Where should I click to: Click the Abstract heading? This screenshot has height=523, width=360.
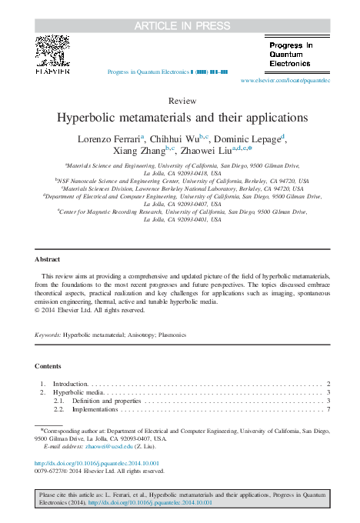pyautogui.click(x=48, y=259)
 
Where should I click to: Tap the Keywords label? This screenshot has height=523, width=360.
pyautogui.click(x=48, y=335)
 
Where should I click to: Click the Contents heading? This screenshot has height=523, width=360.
pyautogui.click(x=48, y=365)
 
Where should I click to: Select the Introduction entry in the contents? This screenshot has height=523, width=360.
pyautogui.click(x=70, y=383)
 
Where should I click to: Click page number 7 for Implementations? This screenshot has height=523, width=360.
pyautogui.click(x=328, y=409)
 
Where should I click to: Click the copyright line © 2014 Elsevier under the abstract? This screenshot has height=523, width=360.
pyautogui.click(x=89, y=310)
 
